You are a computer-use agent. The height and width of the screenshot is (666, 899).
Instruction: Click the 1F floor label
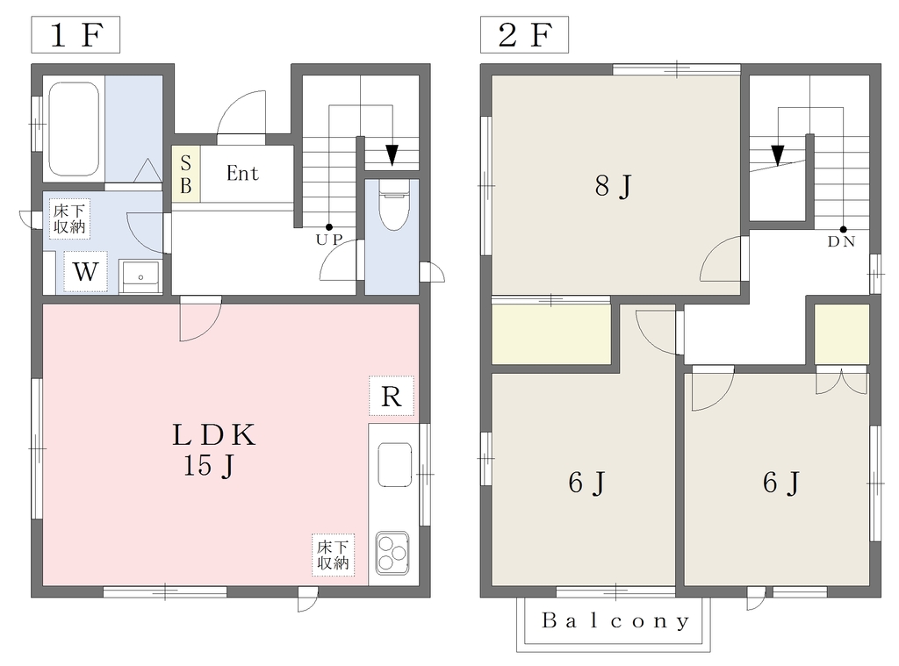tap(76, 35)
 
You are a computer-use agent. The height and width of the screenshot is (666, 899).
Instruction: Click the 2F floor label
tap(524, 35)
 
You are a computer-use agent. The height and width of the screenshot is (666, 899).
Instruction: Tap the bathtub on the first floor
tap(74, 129)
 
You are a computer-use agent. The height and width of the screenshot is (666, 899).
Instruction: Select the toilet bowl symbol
tap(393, 205)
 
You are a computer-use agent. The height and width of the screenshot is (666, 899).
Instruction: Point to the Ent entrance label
tap(242, 173)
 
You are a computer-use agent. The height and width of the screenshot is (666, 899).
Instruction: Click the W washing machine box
tap(85, 271)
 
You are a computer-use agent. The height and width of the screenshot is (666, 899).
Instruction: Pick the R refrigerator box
tap(391, 396)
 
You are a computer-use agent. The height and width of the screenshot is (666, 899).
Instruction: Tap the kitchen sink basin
tap(394, 464)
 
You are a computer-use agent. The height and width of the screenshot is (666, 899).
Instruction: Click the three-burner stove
tap(392, 553)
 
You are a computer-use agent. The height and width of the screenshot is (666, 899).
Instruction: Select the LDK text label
tap(214, 435)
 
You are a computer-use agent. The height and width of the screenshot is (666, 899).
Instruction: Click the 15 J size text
tap(209, 466)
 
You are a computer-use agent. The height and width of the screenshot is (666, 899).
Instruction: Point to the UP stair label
tap(329, 240)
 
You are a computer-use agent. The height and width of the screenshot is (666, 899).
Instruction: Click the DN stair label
tap(842, 242)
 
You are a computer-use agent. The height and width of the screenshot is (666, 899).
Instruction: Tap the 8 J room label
tap(613, 186)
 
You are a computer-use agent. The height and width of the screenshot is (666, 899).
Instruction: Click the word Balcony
tap(615, 620)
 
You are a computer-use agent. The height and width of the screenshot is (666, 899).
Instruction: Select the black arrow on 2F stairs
tap(778, 155)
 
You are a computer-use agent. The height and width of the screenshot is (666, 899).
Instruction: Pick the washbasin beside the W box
tap(140, 276)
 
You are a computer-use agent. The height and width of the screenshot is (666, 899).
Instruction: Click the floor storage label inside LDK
tap(333, 555)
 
